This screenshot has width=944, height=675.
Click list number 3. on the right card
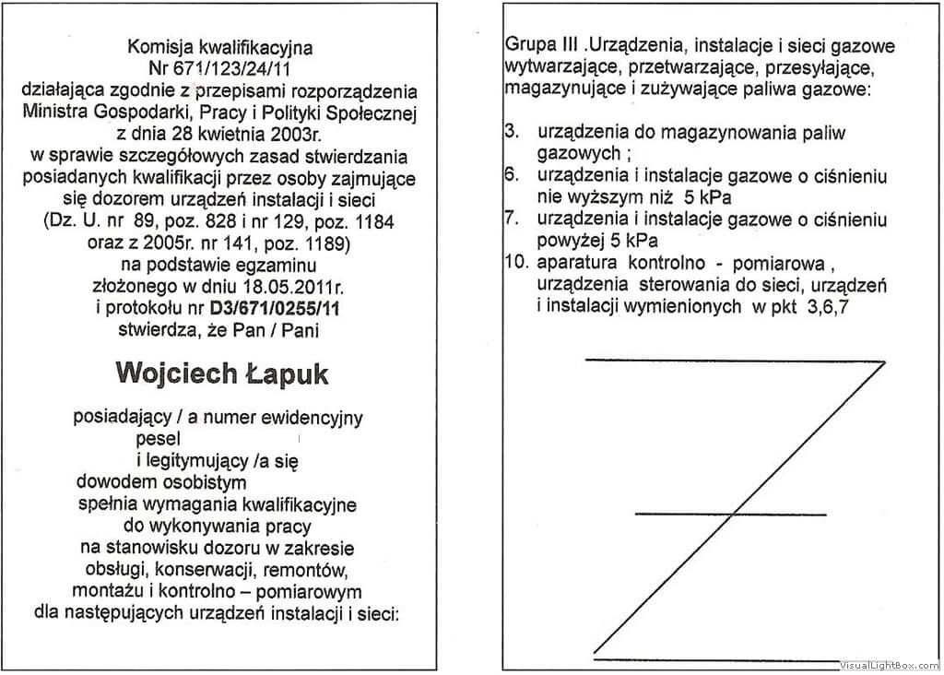[x=512, y=131]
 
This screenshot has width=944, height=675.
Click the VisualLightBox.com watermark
[x=889, y=665]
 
